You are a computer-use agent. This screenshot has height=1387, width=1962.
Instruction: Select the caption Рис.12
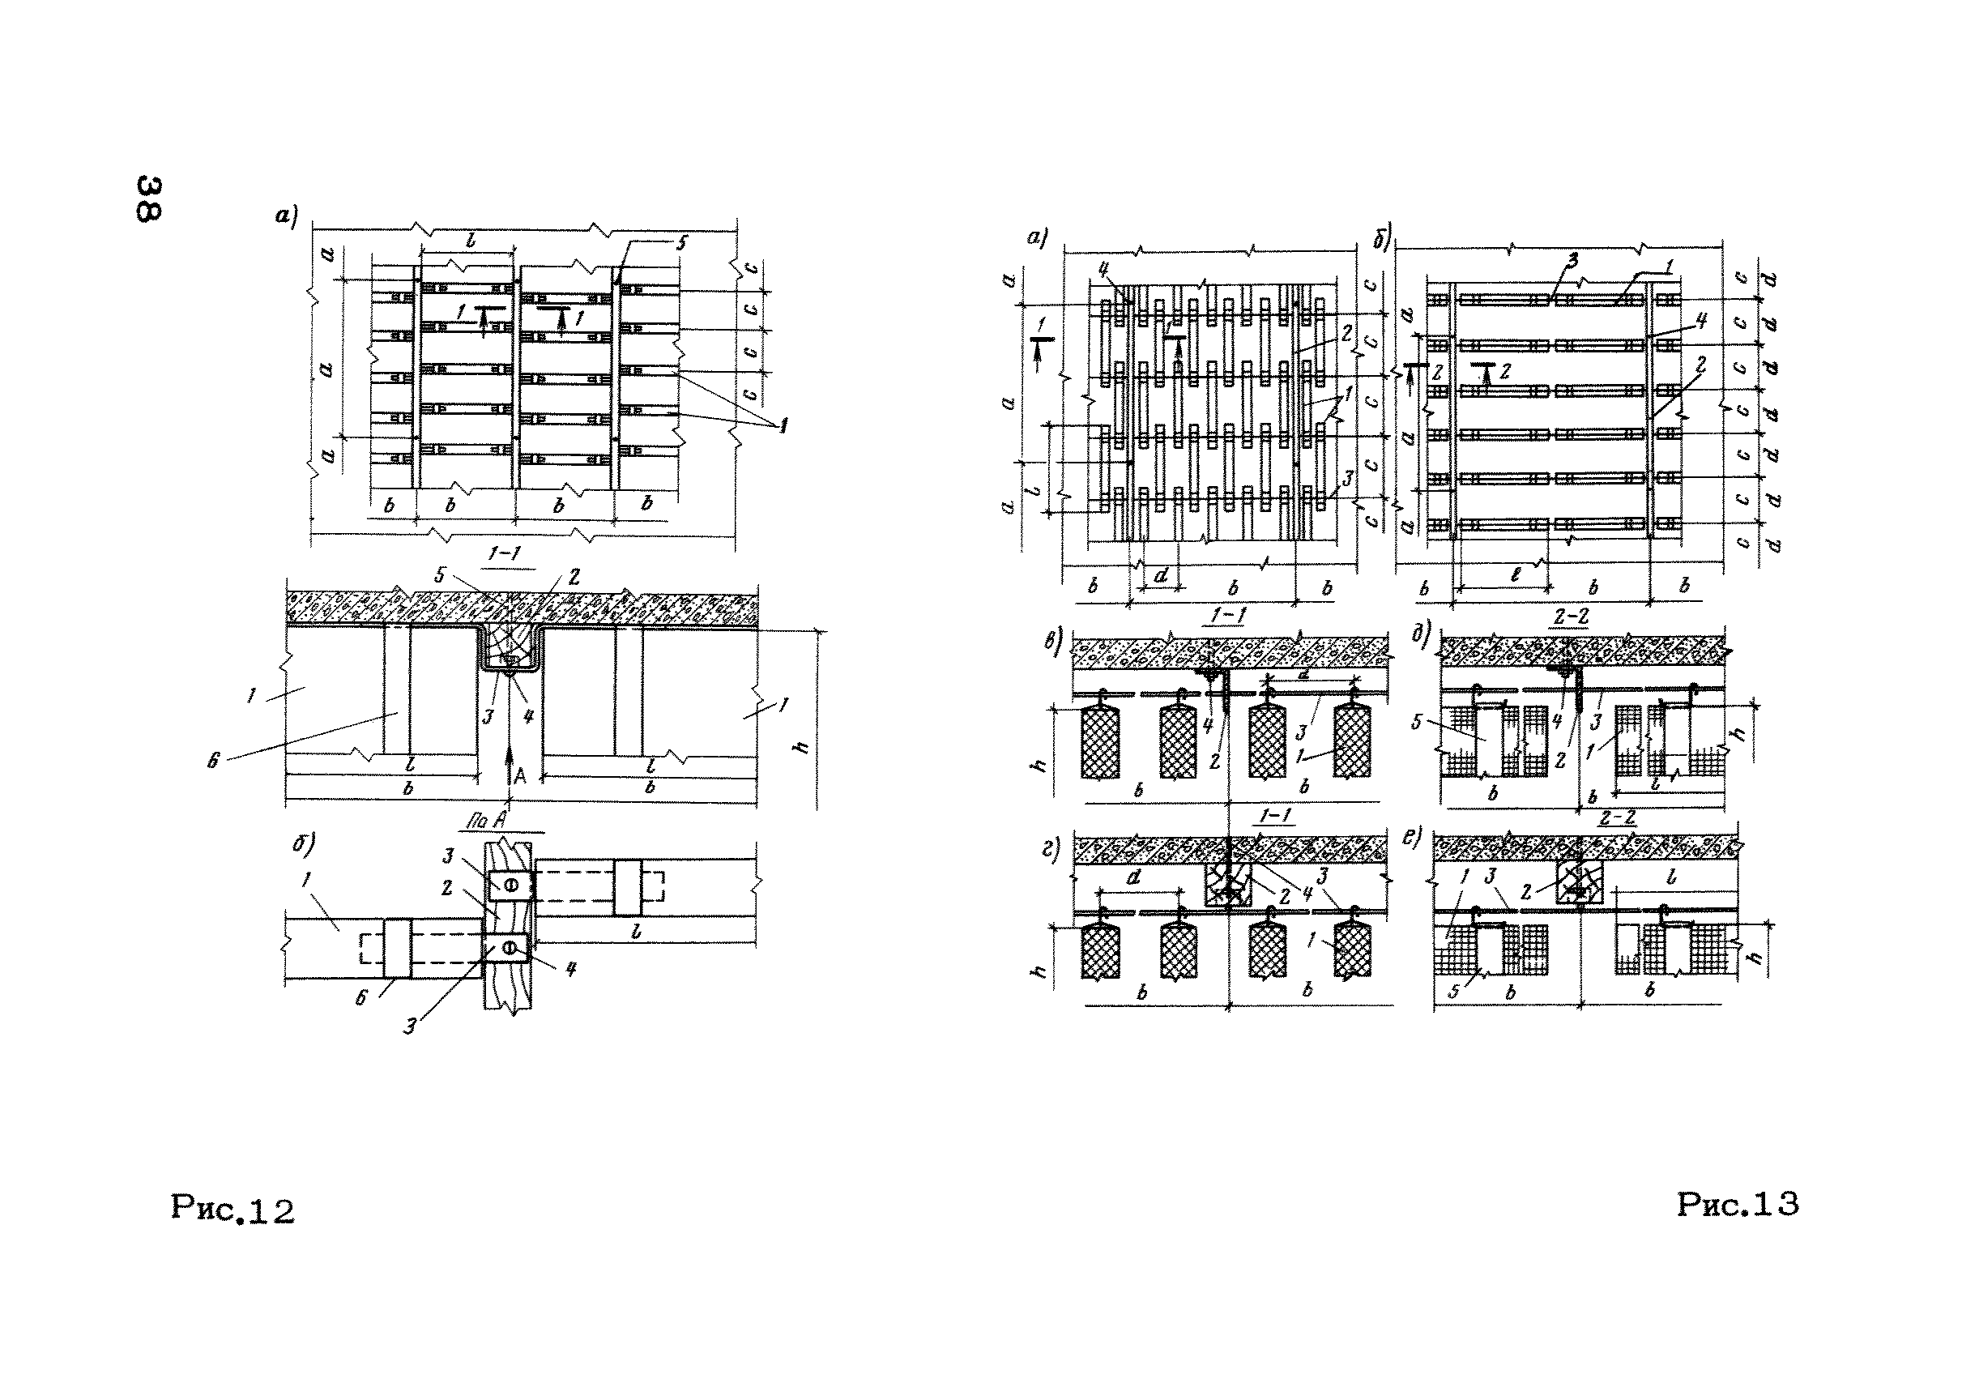(x=232, y=1210)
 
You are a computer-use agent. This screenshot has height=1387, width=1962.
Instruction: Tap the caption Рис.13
(x=1738, y=1204)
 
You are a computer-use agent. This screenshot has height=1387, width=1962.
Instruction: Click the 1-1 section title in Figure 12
(x=503, y=554)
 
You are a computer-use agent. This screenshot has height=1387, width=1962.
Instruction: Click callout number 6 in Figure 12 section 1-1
(x=214, y=759)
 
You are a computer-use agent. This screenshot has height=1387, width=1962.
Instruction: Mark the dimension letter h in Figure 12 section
(x=800, y=746)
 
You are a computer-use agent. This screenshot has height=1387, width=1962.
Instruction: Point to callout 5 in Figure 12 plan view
(x=681, y=243)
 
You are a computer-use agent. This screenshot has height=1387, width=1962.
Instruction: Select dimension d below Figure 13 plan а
(x=1161, y=576)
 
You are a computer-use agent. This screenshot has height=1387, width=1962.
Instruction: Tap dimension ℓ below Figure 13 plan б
(x=1515, y=576)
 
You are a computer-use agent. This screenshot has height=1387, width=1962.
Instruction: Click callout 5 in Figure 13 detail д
(x=1416, y=722)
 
